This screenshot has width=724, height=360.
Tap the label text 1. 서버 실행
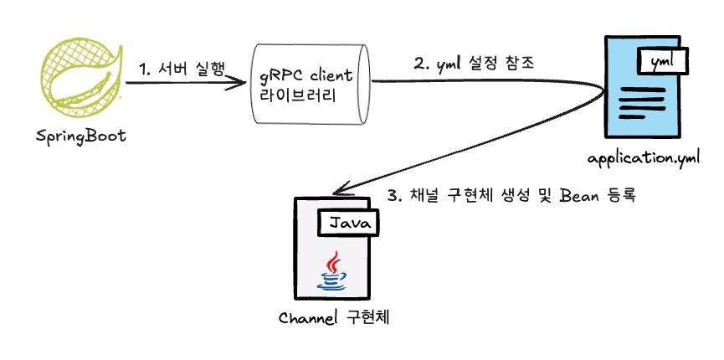(181, 67)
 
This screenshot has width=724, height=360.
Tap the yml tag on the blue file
(664, 61)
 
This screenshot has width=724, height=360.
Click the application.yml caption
(643, 160)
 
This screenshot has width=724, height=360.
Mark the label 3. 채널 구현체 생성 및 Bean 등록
(513, 198)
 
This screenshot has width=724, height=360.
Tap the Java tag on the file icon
(347, 223)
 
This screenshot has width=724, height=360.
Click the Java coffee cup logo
(334, 270)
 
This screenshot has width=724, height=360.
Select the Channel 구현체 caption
(335, 318)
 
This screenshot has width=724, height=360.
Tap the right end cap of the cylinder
(366, 83)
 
